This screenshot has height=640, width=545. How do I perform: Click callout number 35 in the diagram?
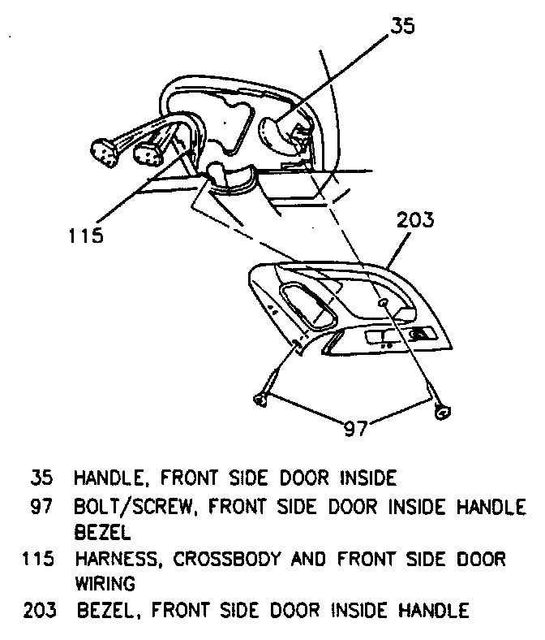tap(401, 26)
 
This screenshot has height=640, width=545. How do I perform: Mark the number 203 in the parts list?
tap(39, 610)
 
